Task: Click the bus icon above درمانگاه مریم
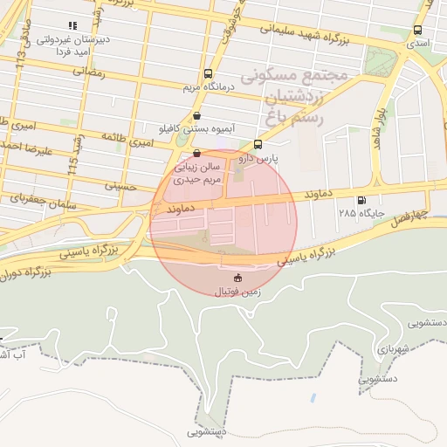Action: click(208, 75)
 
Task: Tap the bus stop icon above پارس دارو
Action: click(258, 144)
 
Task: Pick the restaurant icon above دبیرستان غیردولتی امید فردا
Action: click(72, 26)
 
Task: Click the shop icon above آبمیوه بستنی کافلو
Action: click(196, 115)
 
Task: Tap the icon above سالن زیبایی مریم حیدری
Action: click(196, 152)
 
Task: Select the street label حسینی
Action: click(121, 184)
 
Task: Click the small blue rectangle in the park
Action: click(312, 399)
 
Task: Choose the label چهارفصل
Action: click(409, 213)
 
